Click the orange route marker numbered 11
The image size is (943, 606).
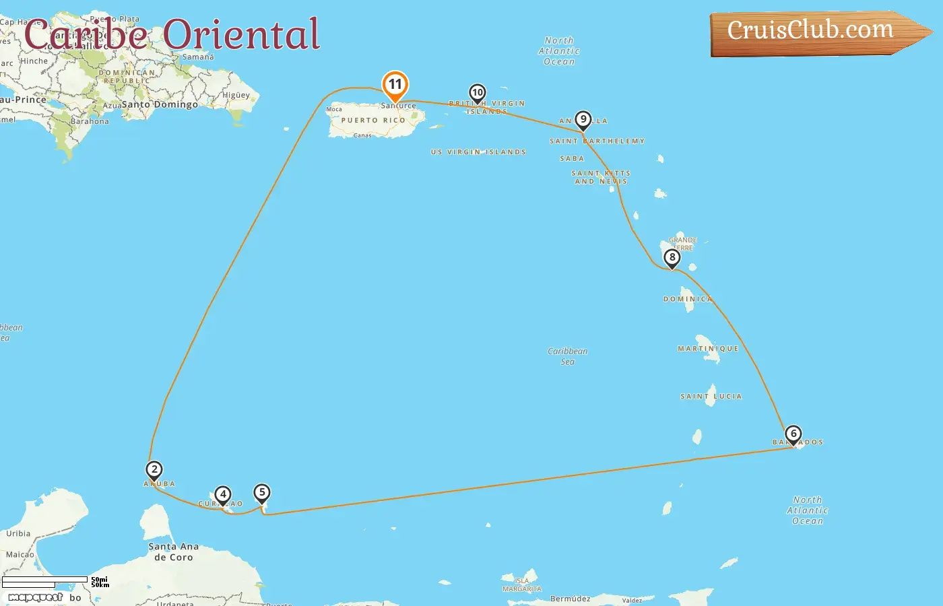tap(395, 86)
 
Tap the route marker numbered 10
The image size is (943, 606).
tap(478, 93)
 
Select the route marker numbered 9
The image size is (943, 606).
tap(583, 120)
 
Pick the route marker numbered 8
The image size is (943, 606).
tap(672, 258)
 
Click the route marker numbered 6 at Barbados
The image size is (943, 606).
tap(793, 434)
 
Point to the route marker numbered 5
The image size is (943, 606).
tap(262, 493)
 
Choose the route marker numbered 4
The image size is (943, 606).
tap(223, 495)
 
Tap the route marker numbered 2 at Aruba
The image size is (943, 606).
tap(154, 470)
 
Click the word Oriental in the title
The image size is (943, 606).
tap(241, 34)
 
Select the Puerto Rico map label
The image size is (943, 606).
tap(373, 121)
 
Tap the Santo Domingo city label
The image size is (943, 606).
tap(160, 104)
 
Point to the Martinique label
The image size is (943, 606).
tap(708, 349)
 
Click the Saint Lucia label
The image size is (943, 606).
tap(711, 397)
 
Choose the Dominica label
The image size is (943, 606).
tap(687, 299)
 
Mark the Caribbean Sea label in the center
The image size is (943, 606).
tap(568, 356)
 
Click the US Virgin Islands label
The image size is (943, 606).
tap(478, 152)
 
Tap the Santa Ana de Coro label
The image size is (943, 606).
tap(173, 552)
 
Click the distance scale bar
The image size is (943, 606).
tap(45, 582)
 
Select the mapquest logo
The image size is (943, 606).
tap(36, 597)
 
